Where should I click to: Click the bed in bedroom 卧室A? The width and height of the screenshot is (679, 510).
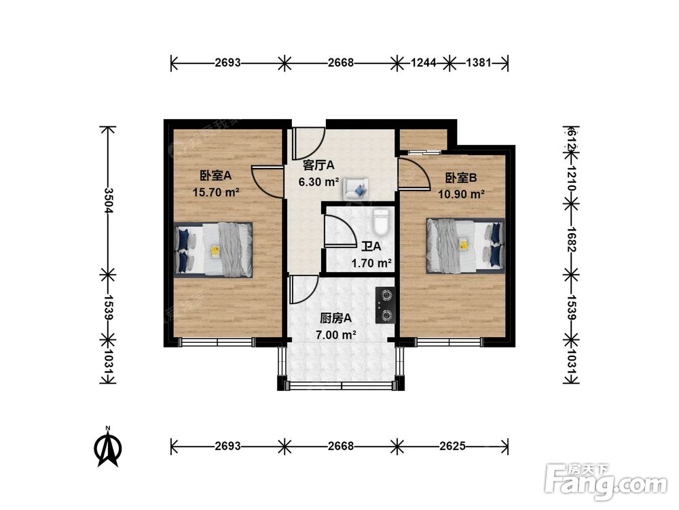tap(214, 249)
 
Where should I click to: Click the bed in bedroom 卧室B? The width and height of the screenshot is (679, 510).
tap(465, 245)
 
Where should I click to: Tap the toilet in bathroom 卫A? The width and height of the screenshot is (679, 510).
tap(381, 221)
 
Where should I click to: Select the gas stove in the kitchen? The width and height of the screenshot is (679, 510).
tap(385, 305)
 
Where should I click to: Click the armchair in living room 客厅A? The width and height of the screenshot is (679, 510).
tap(356, 188)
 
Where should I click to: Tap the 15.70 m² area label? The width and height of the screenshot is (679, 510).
tap(215, 192)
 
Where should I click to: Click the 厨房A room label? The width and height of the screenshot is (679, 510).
tap(335, 318)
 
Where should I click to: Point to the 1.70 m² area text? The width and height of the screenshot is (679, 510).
tap(371, 262)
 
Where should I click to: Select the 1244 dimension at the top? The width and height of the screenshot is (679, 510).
tap(423, 63)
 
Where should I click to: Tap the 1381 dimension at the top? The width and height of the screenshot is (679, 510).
tap(478, 63)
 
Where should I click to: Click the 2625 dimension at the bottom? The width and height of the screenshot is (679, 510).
tap(452, 446)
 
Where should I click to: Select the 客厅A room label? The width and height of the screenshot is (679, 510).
tap(318, 165)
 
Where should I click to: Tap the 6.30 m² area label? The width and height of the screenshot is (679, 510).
tap(318, 182)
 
